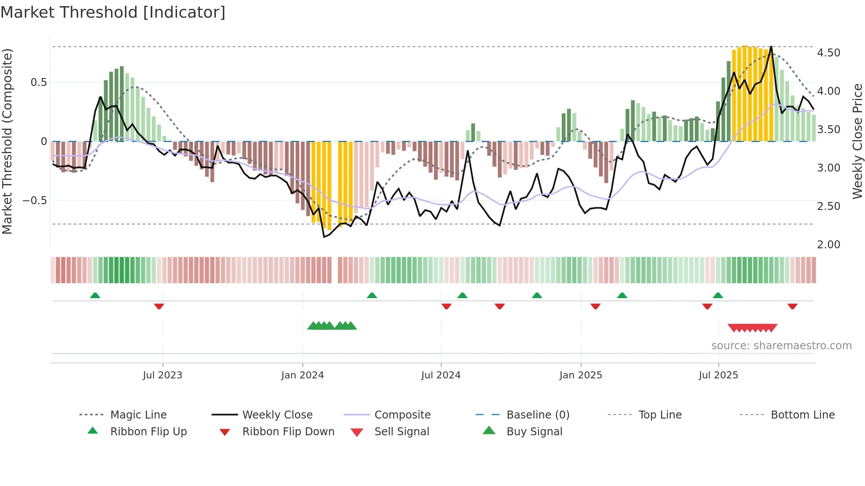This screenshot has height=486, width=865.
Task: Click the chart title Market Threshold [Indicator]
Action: pos(113,12)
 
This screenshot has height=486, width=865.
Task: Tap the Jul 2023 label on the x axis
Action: pos(162,375)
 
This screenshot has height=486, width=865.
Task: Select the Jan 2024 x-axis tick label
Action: pos(302,375)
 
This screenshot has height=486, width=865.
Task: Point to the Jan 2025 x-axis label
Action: pos(580,375)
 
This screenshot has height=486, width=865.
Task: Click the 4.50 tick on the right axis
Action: pos(828,53)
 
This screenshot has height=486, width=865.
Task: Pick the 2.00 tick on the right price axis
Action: pos(828,245)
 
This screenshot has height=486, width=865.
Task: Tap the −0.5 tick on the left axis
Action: pos(35,201)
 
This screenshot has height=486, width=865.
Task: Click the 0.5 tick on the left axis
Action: pos(38,82)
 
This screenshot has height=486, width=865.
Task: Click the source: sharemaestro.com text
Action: pos(781,346)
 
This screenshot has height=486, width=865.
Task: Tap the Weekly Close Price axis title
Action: pos(857,141)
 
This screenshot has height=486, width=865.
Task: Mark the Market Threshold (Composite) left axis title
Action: pos(7,141)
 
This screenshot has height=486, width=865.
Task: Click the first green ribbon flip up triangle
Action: pos(95,295)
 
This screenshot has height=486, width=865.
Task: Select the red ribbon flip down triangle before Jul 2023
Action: pos(159,306)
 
